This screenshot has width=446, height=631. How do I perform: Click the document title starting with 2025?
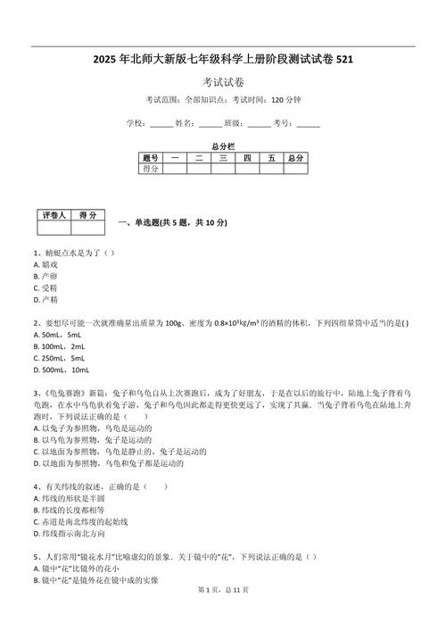click(x=222, y=60)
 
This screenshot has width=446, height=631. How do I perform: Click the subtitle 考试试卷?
click(x=222, y=82)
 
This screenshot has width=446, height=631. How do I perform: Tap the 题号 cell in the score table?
click(x=149, y=158)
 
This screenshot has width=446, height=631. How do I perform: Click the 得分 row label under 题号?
click(x=149, y=168)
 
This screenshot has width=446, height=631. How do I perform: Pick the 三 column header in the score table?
click(x=222, y=158)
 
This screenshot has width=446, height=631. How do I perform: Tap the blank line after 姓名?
click(x=210, y=123)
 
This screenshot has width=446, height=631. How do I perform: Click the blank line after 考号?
click(x=308, y=123)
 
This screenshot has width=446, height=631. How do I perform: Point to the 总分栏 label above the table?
click(x=222, y=145)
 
